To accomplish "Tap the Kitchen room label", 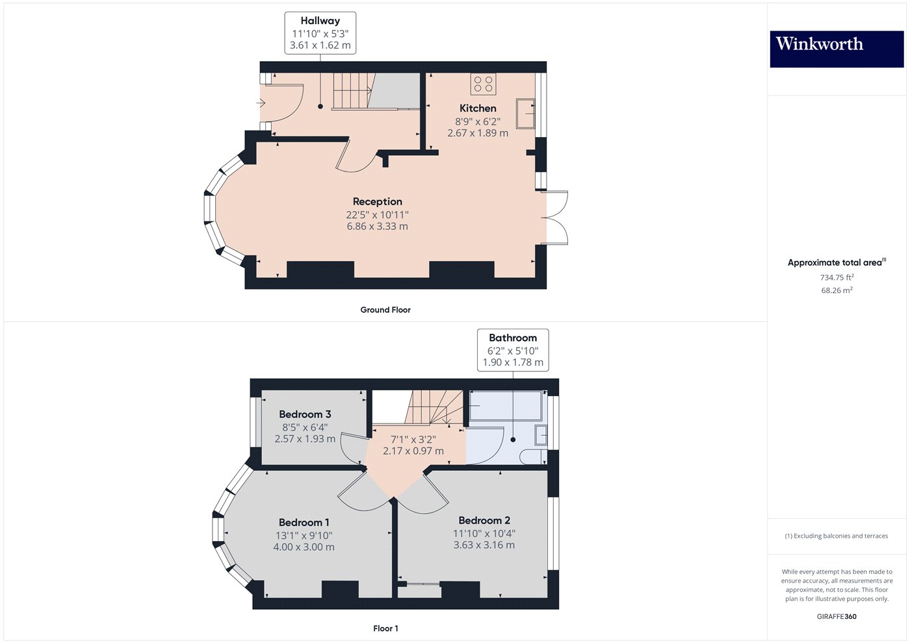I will coord(478,108).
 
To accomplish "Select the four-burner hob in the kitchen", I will coord(483,84).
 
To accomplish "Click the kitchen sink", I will coord(525,113).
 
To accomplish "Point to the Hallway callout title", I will coord(320,21).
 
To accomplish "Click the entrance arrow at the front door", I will coord(261,103).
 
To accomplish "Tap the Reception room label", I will coord(377,201).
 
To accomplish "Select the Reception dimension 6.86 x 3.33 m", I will coord(377,227).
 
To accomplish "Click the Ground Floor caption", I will coord(385,310).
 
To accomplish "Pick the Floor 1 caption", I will coord(385,628).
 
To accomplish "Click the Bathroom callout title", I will coord(513,338).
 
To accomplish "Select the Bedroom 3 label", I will coord(305,414).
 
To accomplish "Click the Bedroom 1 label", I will coord(304,522).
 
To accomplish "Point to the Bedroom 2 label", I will coord(484,520).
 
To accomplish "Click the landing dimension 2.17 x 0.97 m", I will coord(413,451).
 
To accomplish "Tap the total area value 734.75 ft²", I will coord(837,277).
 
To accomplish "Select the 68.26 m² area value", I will coord(837,290).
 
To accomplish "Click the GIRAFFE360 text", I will coord(837,616).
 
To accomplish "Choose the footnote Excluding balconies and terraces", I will coord(836,536).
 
